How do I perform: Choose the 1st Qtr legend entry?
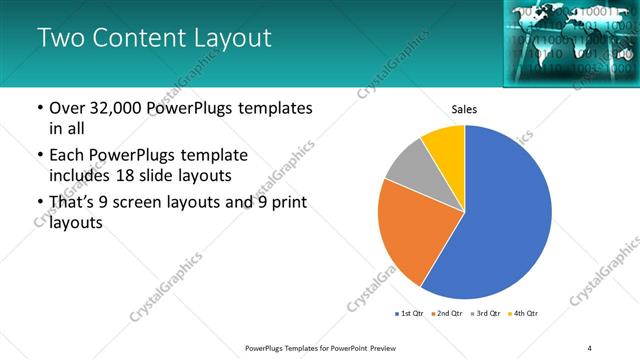tap(410, 314)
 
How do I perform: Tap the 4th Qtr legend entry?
tap(524, 314)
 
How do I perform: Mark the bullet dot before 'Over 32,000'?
tap(39, 108)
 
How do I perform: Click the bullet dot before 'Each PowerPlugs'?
tap(39, 155)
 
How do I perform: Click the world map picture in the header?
tap(565, 40)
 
